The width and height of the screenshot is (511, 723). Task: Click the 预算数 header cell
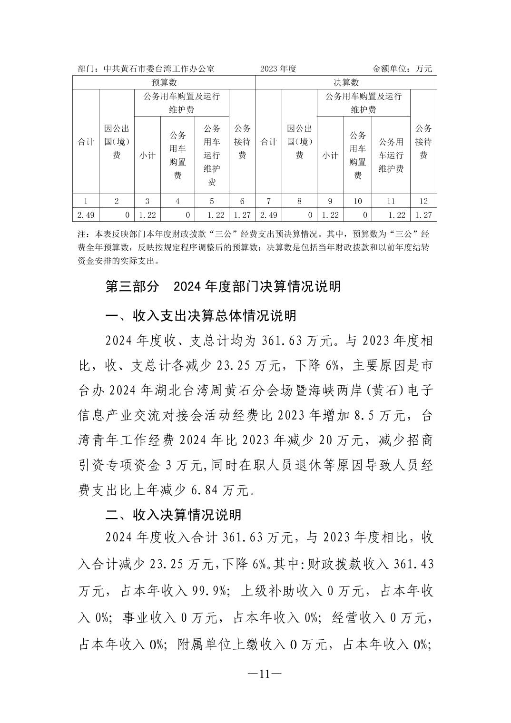point(164,82)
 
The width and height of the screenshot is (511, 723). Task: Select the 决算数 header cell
point(346,82)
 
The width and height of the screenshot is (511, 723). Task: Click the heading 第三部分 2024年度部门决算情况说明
point(223,286)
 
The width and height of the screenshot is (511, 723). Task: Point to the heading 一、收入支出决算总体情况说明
point(201,316)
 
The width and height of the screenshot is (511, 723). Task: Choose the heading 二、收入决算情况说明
point(173,515)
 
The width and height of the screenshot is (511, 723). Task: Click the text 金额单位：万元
point(402,68)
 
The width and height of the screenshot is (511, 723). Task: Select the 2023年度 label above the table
point(278,68)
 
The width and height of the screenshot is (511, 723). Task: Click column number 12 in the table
point(423,201)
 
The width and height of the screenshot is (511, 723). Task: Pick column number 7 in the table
point(269,201)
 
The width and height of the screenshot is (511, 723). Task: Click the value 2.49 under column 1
point(86,215)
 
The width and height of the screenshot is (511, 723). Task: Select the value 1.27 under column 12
point(423,215)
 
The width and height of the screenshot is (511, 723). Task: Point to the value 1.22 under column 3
point(147,215)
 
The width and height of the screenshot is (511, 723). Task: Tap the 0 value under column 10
point(365,215)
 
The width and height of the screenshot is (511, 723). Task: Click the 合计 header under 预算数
point(86,142)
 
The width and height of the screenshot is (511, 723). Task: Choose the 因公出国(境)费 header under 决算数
point(299,142)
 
